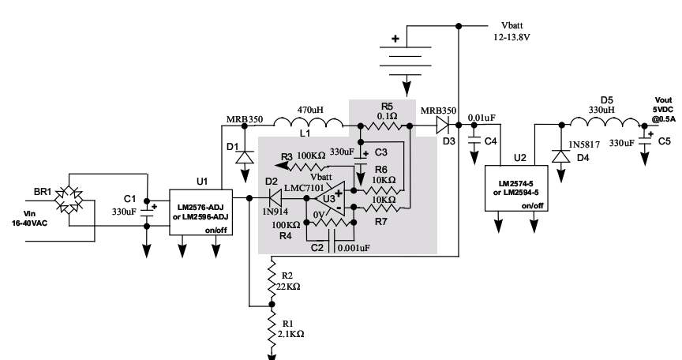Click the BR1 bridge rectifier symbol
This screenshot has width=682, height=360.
click(69, 200)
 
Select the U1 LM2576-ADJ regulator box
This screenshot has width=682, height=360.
click(200, 212)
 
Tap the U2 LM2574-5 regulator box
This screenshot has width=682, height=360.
click(516, 188)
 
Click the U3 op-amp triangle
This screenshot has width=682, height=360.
click(330, 199)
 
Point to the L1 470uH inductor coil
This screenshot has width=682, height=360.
click(309, 122)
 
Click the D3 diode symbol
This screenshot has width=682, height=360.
click(443, 126)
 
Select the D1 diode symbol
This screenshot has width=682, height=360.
click(245, 156)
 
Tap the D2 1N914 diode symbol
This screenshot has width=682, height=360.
click(275, 198)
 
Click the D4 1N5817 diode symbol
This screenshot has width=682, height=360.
click(561, 156)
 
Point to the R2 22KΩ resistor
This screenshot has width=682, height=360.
click(272, 279)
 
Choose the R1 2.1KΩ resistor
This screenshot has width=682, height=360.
click(272, 328)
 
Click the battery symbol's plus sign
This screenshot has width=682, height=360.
click(395, 39)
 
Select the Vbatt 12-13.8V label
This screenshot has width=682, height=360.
click(511, 32)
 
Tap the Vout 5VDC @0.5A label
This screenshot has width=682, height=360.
click(663, 109)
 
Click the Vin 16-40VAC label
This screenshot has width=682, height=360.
click(29, 218)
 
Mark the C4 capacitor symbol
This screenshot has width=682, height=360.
click(474, 141)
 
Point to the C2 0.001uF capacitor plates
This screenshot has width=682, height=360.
click(332, 241)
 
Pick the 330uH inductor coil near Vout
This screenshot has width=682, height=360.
click(606, 122)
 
